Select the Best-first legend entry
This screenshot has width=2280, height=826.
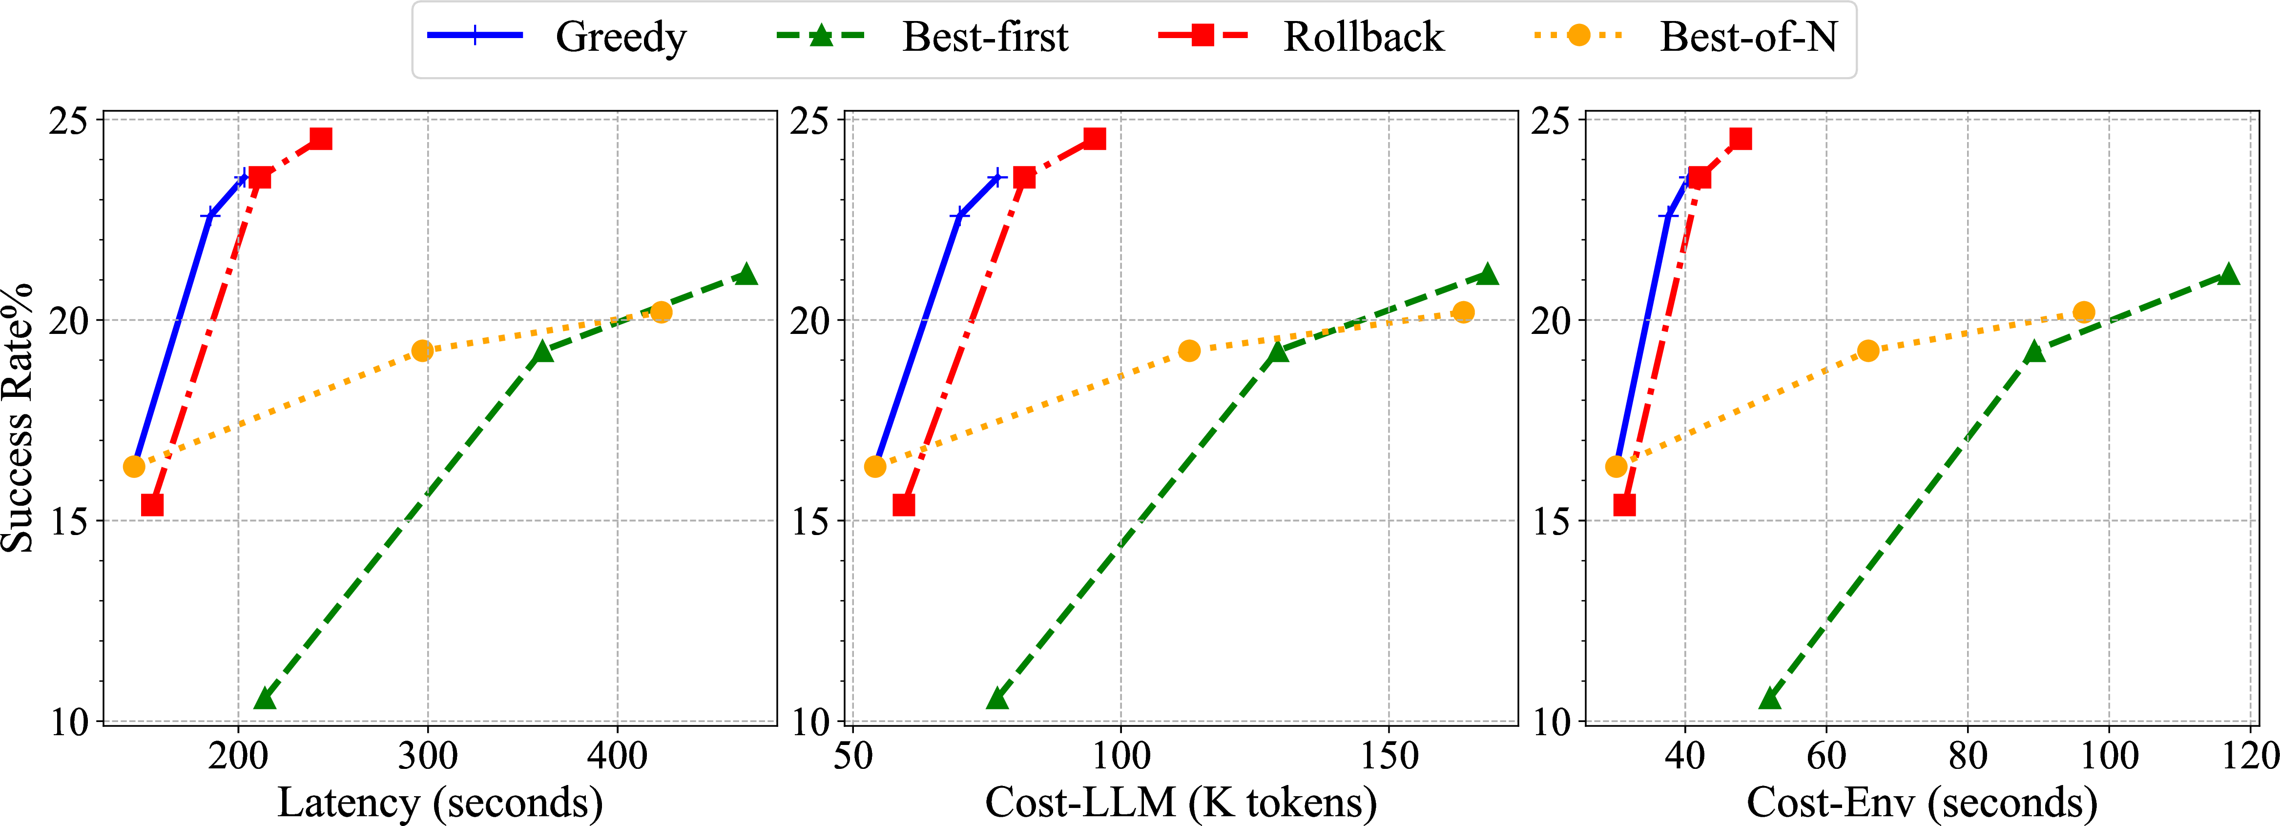click(x=922, y=36)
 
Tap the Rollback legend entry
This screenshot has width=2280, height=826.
click(x=1301, y=36)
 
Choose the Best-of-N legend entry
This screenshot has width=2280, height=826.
click(x=1686, y=36)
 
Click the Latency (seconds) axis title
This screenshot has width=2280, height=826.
click(x=440, y=802)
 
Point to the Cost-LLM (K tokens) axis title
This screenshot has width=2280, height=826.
click(x=1181, y=802)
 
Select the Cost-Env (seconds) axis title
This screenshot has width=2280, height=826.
click(x=1922, y=802)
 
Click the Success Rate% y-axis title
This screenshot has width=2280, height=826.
click(x=18, y=418)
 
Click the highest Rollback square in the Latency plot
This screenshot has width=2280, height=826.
click(x=320, y=138)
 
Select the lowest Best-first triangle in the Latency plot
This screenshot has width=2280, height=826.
click(x=264, y=699)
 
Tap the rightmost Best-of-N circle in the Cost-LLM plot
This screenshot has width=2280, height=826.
click(x=1463, y=311)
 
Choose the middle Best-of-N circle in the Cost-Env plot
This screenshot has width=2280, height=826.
click(x=1867, y=351)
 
